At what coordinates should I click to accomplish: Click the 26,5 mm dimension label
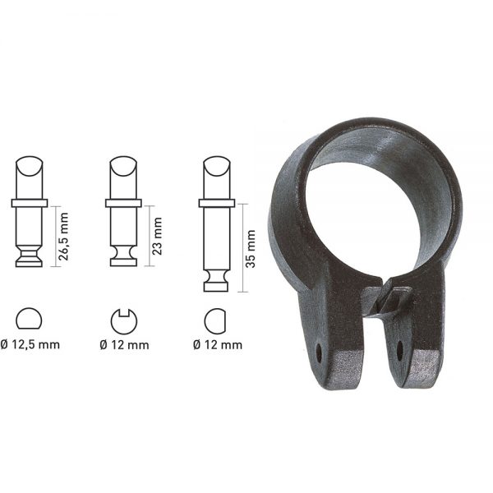click(x=63, y=237)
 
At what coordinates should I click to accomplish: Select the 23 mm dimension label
click(x=157, y=236)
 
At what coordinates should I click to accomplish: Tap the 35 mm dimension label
click(x=251, y=249)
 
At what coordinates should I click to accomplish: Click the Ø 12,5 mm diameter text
click(x=30, y=344)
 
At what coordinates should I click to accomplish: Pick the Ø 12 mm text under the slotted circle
click(x=124, y=345)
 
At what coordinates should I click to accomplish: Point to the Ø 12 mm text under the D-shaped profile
click(x=218, y=345)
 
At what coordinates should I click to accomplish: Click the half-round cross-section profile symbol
click(x=29, y=319)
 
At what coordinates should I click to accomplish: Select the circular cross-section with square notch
click(x=124, y=321)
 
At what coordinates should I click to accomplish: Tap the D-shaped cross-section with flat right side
click(x=215, y=321)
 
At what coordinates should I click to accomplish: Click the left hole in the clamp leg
click(x=319, y=353)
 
